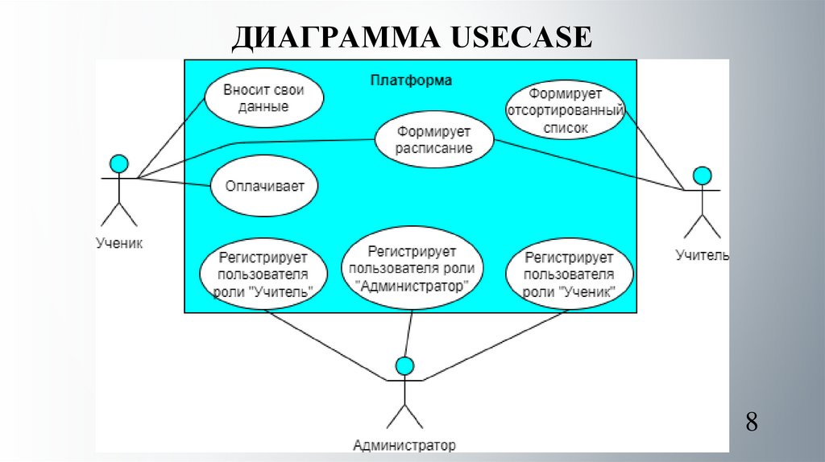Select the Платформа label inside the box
tap(411, 80)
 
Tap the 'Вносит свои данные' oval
tap(263, 99)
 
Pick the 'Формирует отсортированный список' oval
tap(565, 110)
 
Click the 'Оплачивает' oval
tap(264, 187)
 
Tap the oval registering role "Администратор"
tap(411, 268)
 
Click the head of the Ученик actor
tap(119, 163)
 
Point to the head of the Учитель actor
tap(703, 175)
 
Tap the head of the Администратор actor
tap(405, 366)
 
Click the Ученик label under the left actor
tap(119, 241)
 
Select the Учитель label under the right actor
tap(702, 256)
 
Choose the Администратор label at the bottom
tap(404, 445)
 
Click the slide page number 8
tap(751, 422)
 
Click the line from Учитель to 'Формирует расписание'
tap(588, 165)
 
